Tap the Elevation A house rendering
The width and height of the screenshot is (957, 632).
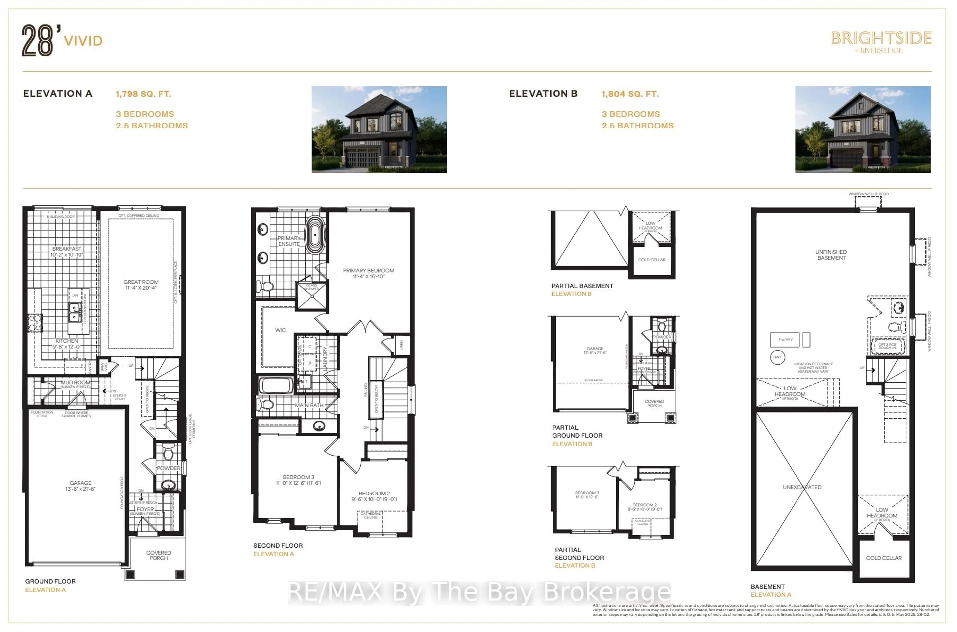point(379,129)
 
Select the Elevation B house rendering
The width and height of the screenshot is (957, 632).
point(862,129)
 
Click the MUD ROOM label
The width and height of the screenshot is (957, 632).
point(75,382)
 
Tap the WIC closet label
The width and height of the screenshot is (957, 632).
point(280,330)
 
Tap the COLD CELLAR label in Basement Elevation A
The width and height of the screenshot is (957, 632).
point(884,558)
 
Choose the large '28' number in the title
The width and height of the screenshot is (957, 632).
point(37,40)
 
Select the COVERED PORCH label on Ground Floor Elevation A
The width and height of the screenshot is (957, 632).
point(159,555)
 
